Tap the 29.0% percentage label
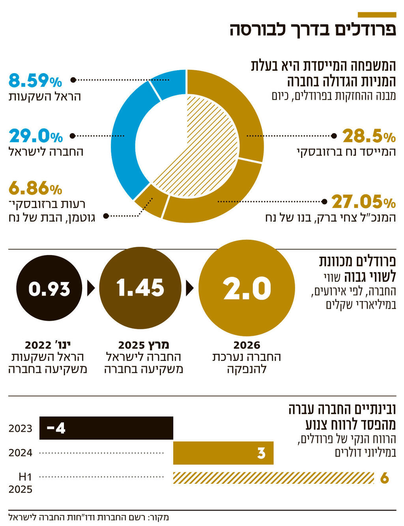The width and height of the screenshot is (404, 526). pos(36,136)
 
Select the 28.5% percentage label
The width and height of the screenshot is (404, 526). pos(369,136)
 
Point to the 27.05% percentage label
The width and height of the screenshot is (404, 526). pos(363,202)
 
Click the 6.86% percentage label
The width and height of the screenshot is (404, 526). pos(35,188)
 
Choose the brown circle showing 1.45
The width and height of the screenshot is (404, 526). pos(140,288)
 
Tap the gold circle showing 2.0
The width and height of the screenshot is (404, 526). pos(247,288)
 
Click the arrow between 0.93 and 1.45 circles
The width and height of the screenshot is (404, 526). pos(91,288)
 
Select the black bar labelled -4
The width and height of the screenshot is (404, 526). pos(107,428)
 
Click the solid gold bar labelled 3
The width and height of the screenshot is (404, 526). pos(223,453)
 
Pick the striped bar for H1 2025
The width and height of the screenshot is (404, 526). pos(273,478)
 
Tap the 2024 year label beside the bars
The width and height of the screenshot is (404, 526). pos(21,453)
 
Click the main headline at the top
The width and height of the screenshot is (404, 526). pos(313,30)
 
